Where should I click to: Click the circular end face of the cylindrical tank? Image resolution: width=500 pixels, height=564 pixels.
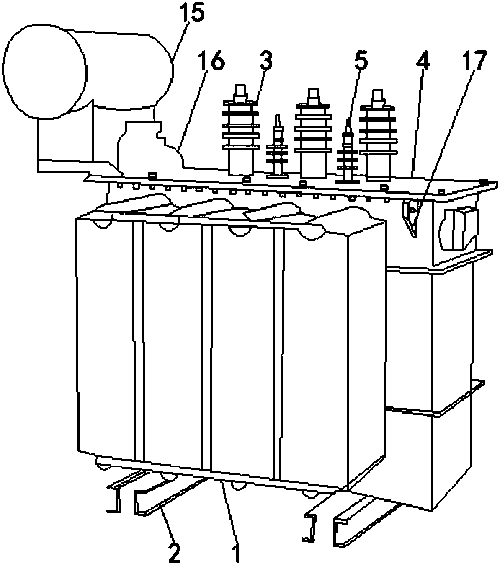click(44, 71)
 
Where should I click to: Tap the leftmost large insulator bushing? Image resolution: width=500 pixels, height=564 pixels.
click(240, 130)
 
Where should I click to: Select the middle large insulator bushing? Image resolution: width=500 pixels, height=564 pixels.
click(313, 133)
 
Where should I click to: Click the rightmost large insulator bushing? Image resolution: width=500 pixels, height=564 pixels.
click(378, 135)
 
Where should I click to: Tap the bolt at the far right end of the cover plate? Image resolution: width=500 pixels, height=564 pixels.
click(484, 182)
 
